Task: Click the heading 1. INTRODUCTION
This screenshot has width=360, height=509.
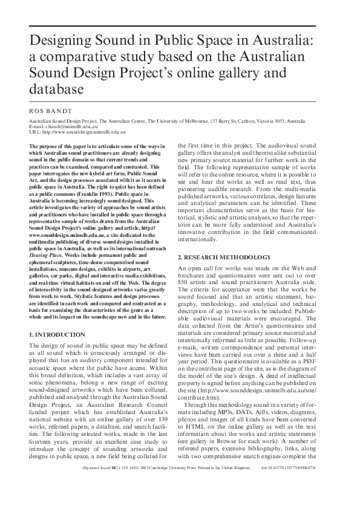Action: [57, 334]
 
